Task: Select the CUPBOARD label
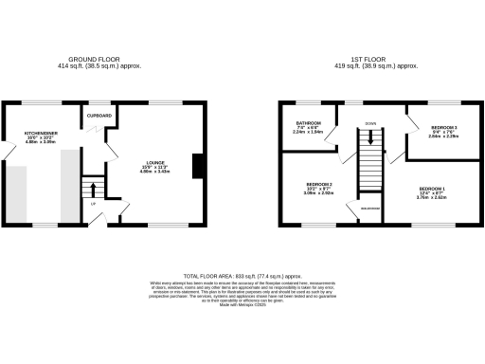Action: tap(101, 116)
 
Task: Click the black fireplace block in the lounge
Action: tap(197, 166)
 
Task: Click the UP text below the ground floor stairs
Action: tap(93, 203)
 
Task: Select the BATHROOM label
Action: tap(309, 123)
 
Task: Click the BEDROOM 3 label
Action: tap(443, 127)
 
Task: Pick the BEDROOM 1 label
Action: tap(431, 188)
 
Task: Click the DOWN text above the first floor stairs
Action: tap(370, 123)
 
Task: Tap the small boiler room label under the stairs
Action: tap(368, 208)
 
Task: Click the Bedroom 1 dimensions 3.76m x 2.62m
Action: tap(431, 197)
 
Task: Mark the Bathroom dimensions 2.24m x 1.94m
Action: tap(309, 133)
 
